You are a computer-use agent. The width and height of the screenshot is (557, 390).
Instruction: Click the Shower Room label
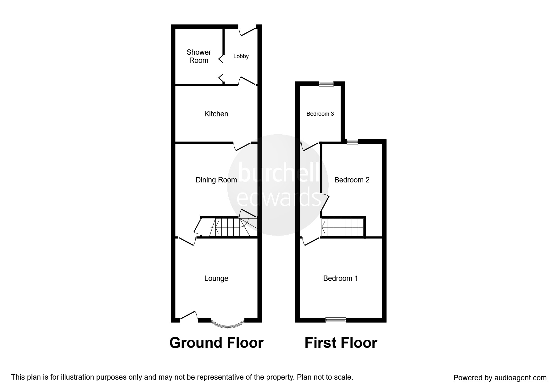(x=198, y=56)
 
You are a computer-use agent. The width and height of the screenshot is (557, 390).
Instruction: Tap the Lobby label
(x=241, y=56)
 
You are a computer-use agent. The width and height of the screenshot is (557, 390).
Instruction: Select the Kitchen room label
(x=216, y=114)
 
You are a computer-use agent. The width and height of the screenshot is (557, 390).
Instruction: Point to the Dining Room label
(x=216, y=180)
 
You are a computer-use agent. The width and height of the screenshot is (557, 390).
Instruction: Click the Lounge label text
(x=216, y=278)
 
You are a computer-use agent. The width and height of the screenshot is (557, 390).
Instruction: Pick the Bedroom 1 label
(x=340, y=278)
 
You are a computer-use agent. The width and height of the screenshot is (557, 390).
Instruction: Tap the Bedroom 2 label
(x=352, y=180)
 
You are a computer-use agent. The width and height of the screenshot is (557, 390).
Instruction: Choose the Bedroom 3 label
(x=320, y=114)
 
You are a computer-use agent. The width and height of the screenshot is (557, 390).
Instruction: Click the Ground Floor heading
(x=216, y=343)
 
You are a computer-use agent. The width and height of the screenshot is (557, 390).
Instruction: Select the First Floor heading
(x=341, y=343)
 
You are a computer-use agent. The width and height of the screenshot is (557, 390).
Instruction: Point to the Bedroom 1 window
(x=336, y=320)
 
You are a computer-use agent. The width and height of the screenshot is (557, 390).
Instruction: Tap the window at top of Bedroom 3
(x=326, y=83)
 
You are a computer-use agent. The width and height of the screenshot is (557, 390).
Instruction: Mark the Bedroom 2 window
(x=352, y=142)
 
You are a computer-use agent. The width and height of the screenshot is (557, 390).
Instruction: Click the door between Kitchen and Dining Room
(x=242, y=146)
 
